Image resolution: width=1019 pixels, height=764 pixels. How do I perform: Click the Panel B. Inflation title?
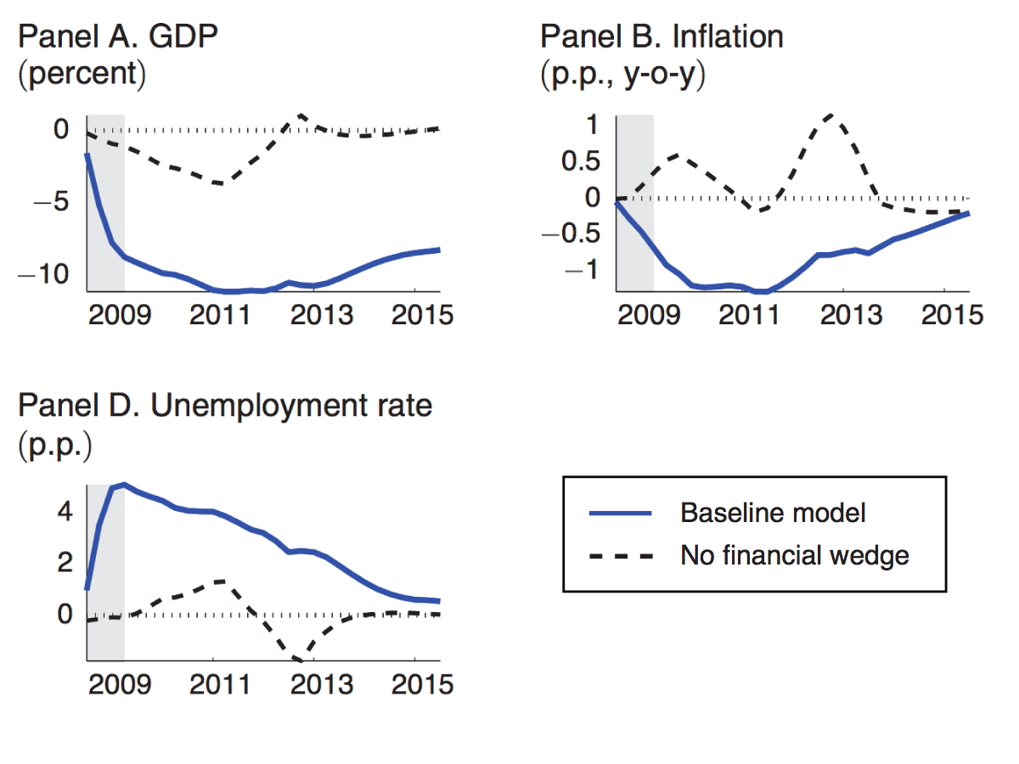pos(662,37)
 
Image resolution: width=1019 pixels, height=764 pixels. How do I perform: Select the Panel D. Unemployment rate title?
pos(225,406)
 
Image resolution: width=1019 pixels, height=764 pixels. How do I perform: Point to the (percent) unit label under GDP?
pos(82,73)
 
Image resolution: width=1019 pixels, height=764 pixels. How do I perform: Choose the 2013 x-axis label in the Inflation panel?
pos(845,315)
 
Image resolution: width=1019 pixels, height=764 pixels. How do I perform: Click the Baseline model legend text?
pos(773,513)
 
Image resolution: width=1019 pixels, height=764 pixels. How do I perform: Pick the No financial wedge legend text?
pos(795,555)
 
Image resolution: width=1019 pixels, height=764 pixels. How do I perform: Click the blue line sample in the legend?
pos(620,514)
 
